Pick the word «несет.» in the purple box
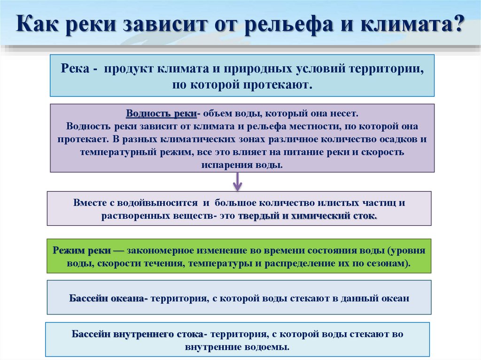click(346, 114)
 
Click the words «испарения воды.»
click(242, 166)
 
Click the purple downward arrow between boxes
click(238, 181)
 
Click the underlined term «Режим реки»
click(85, 250)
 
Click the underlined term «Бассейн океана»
click(108, 298)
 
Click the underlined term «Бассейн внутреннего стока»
click(137, 335)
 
